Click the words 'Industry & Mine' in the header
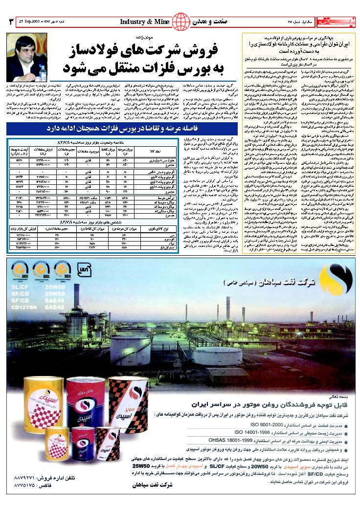(145, 22)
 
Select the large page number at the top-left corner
(10, 22)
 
